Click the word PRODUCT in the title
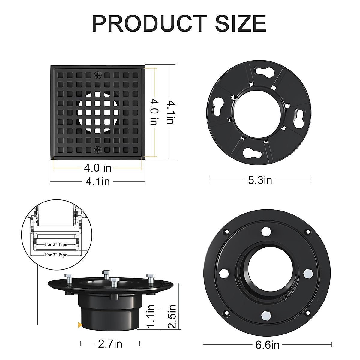pyautogui.click(x=149, y=23)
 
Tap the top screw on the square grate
pyautogui.click(x=98, y=75)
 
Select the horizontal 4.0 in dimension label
pyautogui.click(x=97, y=168)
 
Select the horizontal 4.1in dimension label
pyautogui.click(x=97, y=181)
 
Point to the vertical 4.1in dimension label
pyautogui.click(x=170, y=112)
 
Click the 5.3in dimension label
pyautogui.click(x=260, y=180)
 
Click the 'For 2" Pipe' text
pyautogui.click(x=56, y=244)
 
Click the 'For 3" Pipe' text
pyautogui.click(x=56, y=255)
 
